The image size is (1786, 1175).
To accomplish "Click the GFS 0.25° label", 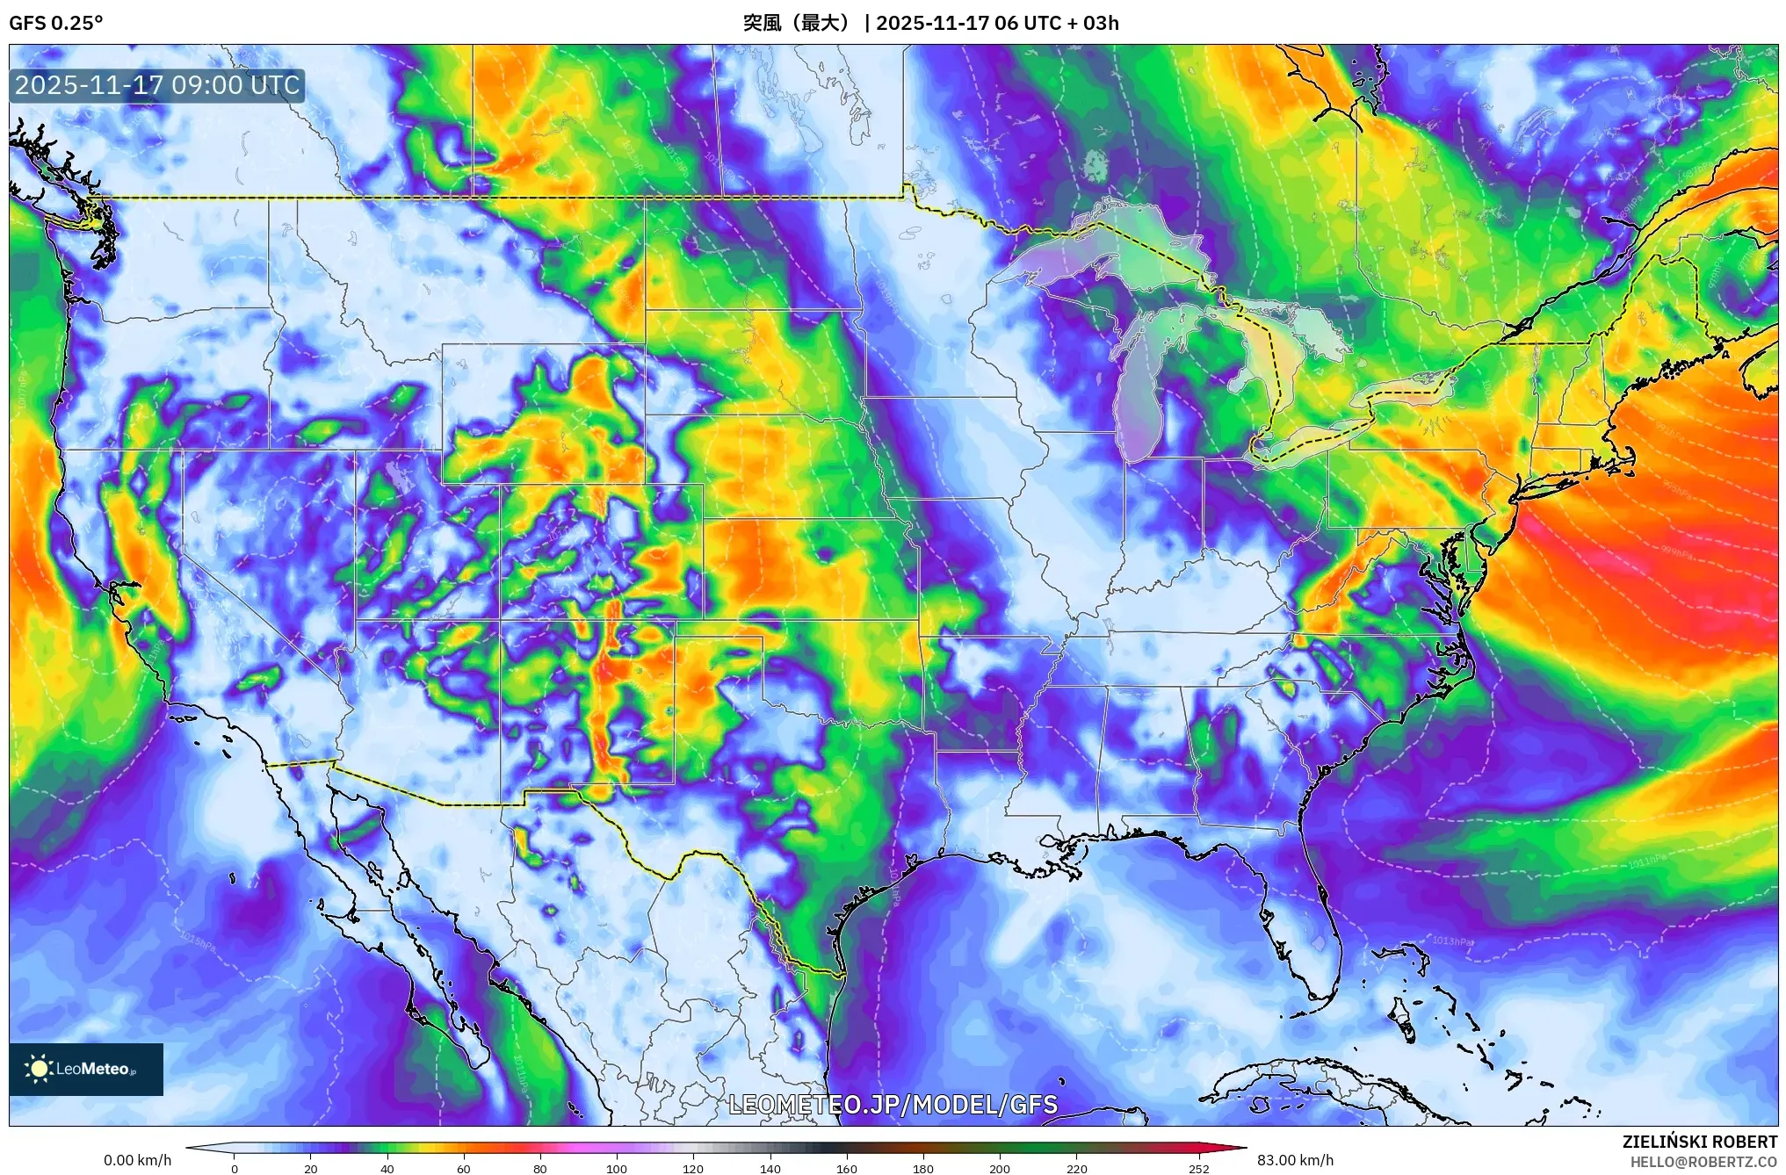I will (x=55, y=23).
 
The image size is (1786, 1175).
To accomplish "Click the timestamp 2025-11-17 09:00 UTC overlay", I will (x=157, y=85).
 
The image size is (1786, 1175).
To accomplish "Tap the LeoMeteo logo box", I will (x=86, y=1069).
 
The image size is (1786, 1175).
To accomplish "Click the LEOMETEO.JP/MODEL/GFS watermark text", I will (x=893, y=1104).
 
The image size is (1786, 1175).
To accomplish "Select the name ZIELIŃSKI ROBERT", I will (x=1699, y=1142).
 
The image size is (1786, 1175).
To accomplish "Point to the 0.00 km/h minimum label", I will (x=137, y=1160).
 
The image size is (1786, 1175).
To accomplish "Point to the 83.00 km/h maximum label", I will (x=1295, y=1160).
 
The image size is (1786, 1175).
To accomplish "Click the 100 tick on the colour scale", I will (x=616, y=1168).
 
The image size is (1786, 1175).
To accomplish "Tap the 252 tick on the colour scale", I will (x=1199, y=1168).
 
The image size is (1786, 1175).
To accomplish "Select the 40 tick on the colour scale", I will (x=387, y=1168).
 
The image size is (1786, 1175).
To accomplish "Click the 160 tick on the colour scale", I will (x=846, y=1168).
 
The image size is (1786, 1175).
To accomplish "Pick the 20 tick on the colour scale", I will (x=310, y=1168).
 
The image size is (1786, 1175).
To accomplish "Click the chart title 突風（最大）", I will (x=798, y=23).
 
